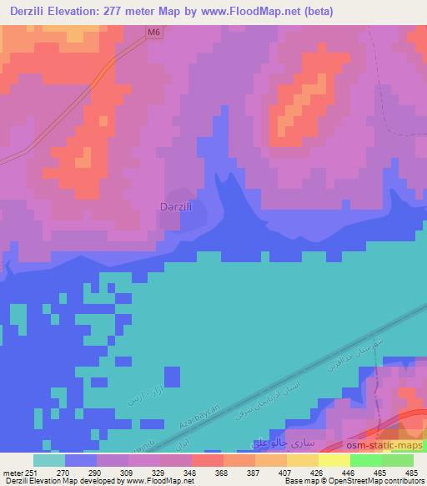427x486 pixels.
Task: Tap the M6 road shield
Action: click(x=152, y=31)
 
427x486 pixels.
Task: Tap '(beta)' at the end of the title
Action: click(x=345, y=12)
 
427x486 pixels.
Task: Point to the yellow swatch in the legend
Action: click(x=334, y=460)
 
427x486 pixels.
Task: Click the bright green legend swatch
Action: click(x=365, y=460)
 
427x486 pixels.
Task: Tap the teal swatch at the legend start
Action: click(x=49, y=460)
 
